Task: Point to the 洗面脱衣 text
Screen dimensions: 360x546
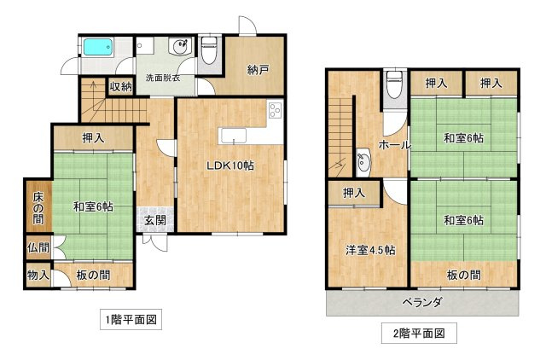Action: tap(163, 78)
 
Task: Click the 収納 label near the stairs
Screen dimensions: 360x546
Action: tap(120, 86)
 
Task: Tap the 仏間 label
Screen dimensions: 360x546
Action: tap(38, 248)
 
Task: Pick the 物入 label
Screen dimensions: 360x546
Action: tap(38, 276)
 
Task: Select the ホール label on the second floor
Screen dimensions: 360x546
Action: tap(394, 145)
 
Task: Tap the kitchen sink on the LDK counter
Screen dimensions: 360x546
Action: tap(231, 135)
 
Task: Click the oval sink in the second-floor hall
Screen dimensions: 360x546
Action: tap(363, 160)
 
